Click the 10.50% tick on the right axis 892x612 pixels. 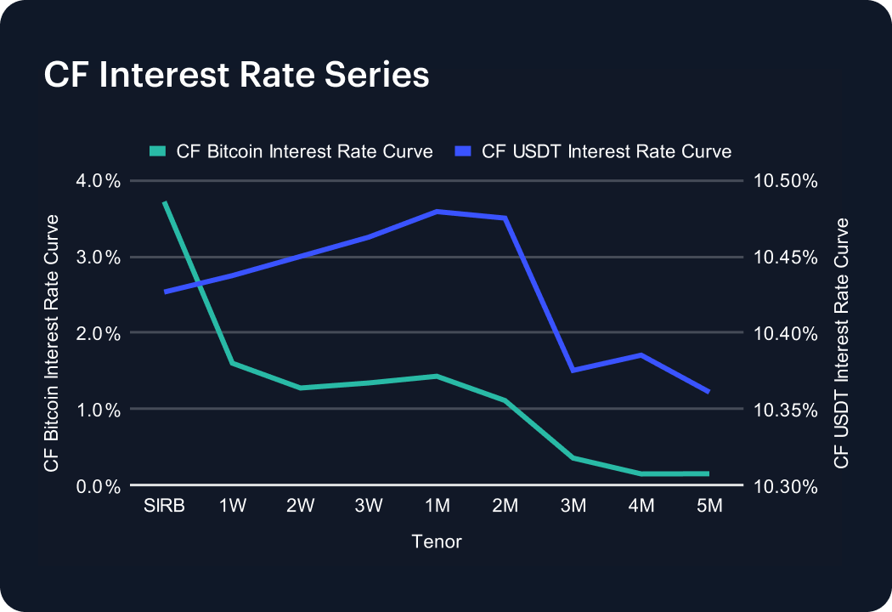tap(785, 181)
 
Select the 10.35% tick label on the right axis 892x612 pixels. tap(785, 410)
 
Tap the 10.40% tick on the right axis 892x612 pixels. tap(785, 333)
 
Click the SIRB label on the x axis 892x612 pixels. tap(165, 507)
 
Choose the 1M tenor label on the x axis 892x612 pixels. tap(437, 507)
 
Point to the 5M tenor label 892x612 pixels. tap(709, 507)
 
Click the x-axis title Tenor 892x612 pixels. tap(437, 541)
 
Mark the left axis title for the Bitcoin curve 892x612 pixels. tap(52, 343)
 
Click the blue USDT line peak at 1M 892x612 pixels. tap(437, 212)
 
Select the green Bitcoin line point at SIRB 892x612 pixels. tap(165, 203)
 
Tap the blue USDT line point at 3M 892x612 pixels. tap(573, 370)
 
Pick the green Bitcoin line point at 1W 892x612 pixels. tap(233, 363)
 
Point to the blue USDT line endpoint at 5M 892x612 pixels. tap(709, 392)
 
